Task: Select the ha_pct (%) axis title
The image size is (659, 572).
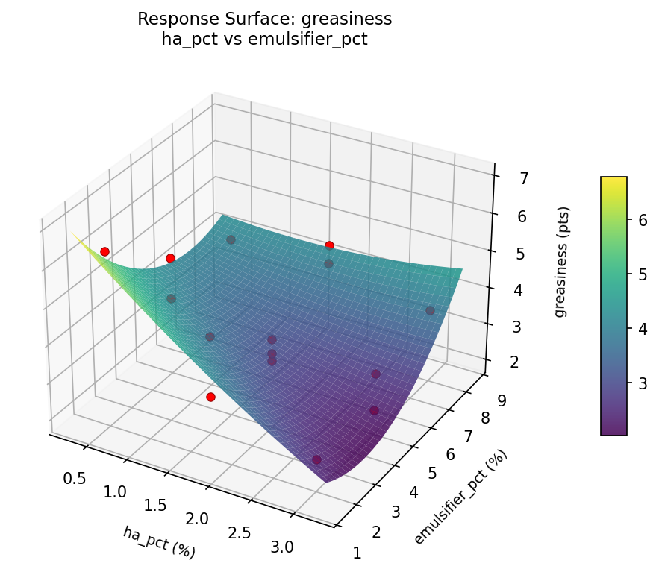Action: pyautogui.click(x=159, y=542)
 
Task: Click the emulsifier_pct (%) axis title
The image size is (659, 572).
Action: pyautogui.click(x=460, y=497)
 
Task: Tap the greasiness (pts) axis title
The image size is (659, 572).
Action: pyautogui.click(x=560, y=262)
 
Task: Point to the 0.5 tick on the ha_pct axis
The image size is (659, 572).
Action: pyautogui.click(x=74, y=478)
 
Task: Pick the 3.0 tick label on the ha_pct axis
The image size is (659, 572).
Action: pyautogui.click(x=283, y=547)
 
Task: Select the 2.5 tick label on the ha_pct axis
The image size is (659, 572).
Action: pyautogui.click(x=240, y=532)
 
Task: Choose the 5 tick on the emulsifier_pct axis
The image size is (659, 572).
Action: pyautogui.click(x=432, y=473)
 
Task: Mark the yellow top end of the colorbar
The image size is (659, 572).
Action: pyautogui.click(x=613, y=180)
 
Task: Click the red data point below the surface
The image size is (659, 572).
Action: pyautogui.click(x=210, y=397)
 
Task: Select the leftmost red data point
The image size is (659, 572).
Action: pyautogui.click(x=104, y=251)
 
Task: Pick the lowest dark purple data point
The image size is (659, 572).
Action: pyautogui.click(x=317, y=459)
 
